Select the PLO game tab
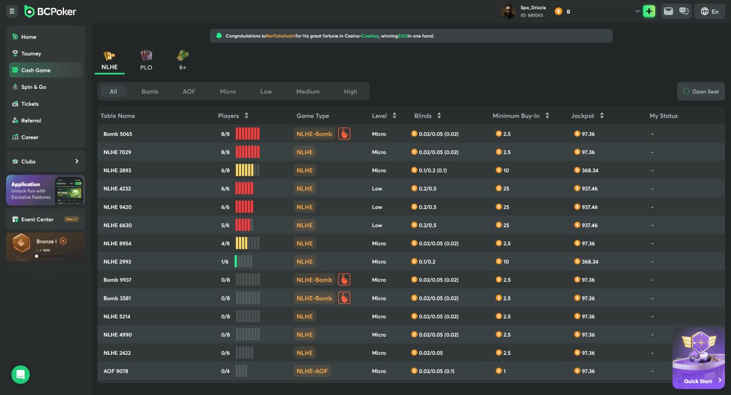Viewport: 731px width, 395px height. click(x=146, y=61)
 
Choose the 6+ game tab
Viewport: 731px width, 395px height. click(x=182, y=61)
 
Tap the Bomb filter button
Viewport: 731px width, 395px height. click(x=150, y=92)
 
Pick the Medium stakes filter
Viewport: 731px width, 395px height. click(x=308, y=92)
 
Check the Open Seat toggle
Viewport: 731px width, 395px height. click(x=701, y=92)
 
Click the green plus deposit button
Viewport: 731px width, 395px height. click(x=649, y=12)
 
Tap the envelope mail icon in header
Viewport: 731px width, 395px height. click(x=668, y=12)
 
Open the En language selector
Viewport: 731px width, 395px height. click(x=710, y=12)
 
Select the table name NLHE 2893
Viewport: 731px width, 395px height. click(x=117, y=170)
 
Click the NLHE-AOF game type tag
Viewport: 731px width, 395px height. click(x=312, y=371)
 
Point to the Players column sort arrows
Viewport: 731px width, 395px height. click(x=246, y=116)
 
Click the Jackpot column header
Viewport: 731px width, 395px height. click(x=582, y=116)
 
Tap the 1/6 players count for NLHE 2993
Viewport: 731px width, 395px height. click(x=225, y=262)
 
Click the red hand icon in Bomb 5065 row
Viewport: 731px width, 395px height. click(x=344, y=134)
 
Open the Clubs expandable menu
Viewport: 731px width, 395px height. click(x=46, y=161)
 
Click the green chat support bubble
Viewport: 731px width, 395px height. click(x=21, y=374)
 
